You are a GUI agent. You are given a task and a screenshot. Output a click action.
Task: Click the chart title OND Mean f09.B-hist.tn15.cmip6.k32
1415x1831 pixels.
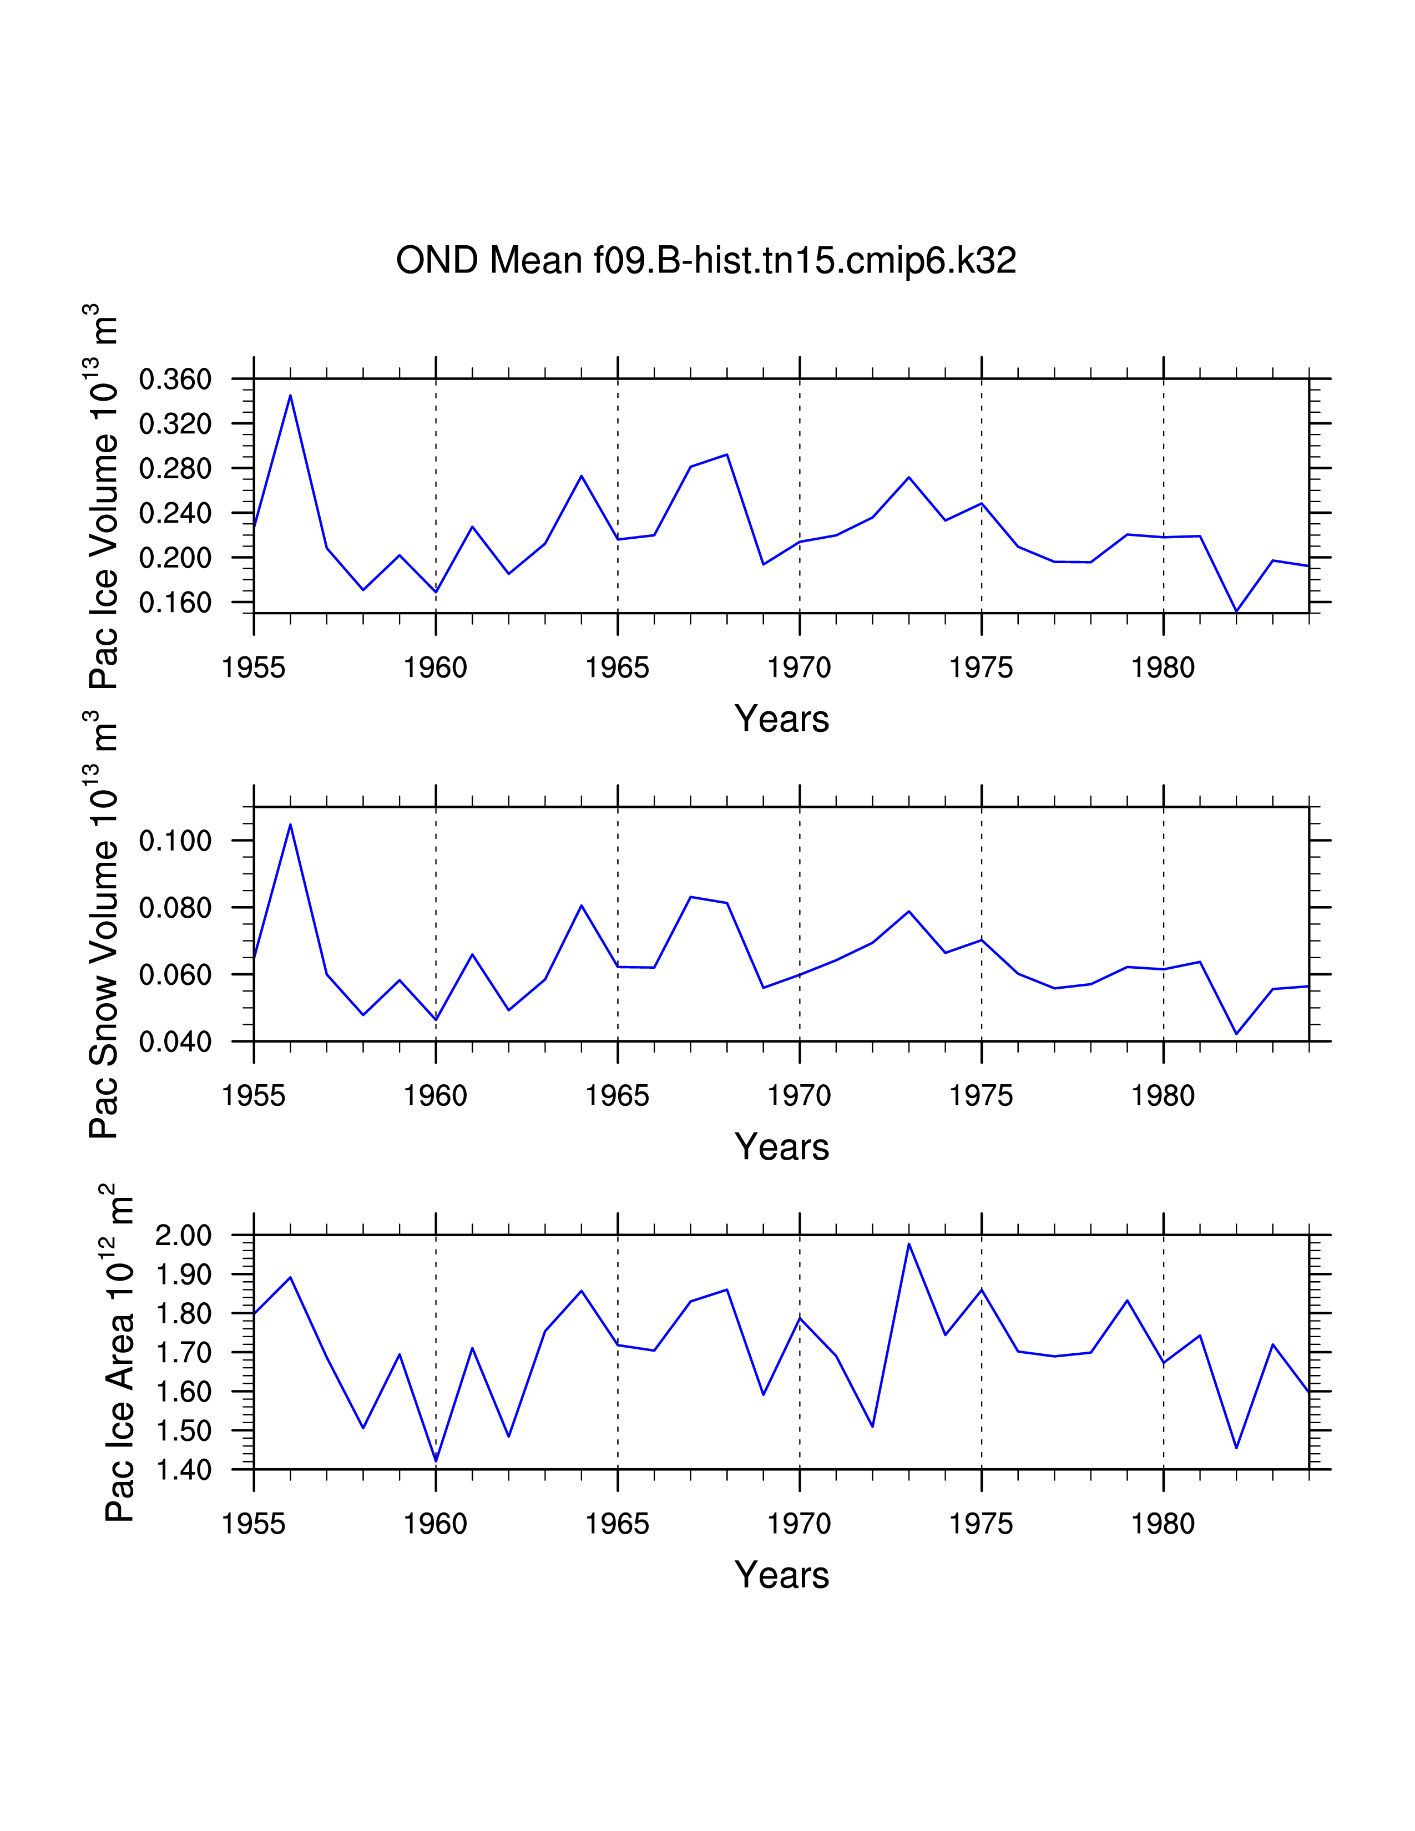pyautogui.click(x=706, y=261)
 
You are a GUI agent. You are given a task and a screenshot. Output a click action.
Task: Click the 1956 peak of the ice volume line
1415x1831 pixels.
pyautogui.click(x=290, y=395)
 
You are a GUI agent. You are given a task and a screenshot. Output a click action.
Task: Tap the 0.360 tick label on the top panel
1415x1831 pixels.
pyautogui.click(x=175, y=379)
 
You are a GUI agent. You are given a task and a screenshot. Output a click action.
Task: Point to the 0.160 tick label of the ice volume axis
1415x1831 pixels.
pyautogui.click(x=175, y=602)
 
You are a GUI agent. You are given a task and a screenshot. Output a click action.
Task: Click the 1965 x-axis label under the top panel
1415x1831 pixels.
pyautogui.click(x=617, y=668)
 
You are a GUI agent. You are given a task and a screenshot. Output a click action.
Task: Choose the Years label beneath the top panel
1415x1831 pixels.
pyautogui.click(x=781, y=719)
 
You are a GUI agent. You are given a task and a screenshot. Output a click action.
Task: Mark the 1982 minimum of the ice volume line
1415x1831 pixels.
pyautogui.click(x=1236, y=611)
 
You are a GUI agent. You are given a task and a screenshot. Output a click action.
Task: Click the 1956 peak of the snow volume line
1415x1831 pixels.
pyautogui.click(x=290, y=824)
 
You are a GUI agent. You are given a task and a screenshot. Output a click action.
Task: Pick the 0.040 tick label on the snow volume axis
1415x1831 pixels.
pyautogui.click(x=175, y=1041)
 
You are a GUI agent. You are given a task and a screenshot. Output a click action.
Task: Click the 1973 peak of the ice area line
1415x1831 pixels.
pyautogui.click(x=909, y=1243)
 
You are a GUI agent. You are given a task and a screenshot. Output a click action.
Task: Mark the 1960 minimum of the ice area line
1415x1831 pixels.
pyautogui.click(x=436, y=1461)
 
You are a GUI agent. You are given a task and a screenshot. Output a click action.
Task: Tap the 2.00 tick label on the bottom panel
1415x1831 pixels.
pyautogui.click(x=184, y=1235)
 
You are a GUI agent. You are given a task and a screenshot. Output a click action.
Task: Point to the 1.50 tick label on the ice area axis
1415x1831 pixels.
pyautogui.click(x=184, y=1430)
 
